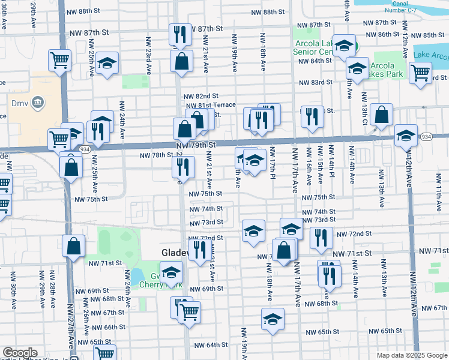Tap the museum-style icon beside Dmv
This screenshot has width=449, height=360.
(x=38, y=102)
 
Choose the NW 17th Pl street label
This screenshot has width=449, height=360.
(x=273, y=163)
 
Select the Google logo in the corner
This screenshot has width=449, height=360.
(x=20, y=353)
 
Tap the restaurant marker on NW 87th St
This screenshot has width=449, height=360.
(x=179, y=34)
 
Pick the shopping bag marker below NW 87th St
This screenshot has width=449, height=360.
(x=181, y=60)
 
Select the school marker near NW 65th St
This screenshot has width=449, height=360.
(x=273, y=319)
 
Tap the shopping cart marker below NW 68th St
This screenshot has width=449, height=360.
(x=190, y=311)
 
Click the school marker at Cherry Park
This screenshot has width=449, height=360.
(x=172, y=272)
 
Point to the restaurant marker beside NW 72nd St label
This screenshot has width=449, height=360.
(x=321, y=237)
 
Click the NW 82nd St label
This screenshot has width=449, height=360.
(x=201, y=96)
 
